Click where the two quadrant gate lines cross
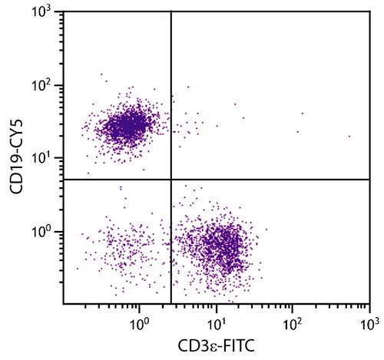[x=170, y=179]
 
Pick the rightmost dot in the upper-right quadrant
[x=349, y=137]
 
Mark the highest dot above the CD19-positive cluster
[x=101, y=74]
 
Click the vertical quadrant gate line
[x=170, y=92]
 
